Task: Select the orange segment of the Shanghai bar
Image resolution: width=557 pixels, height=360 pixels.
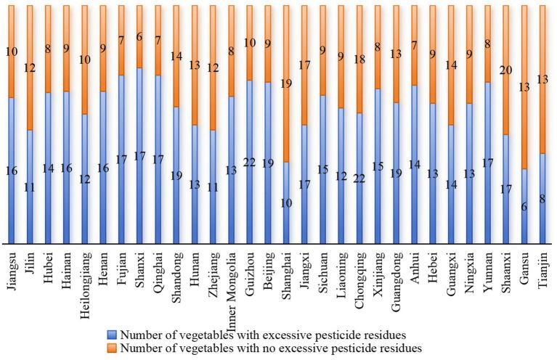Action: click(287, 94)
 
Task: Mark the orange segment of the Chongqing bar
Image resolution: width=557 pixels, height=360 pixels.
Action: click(361, 65)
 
